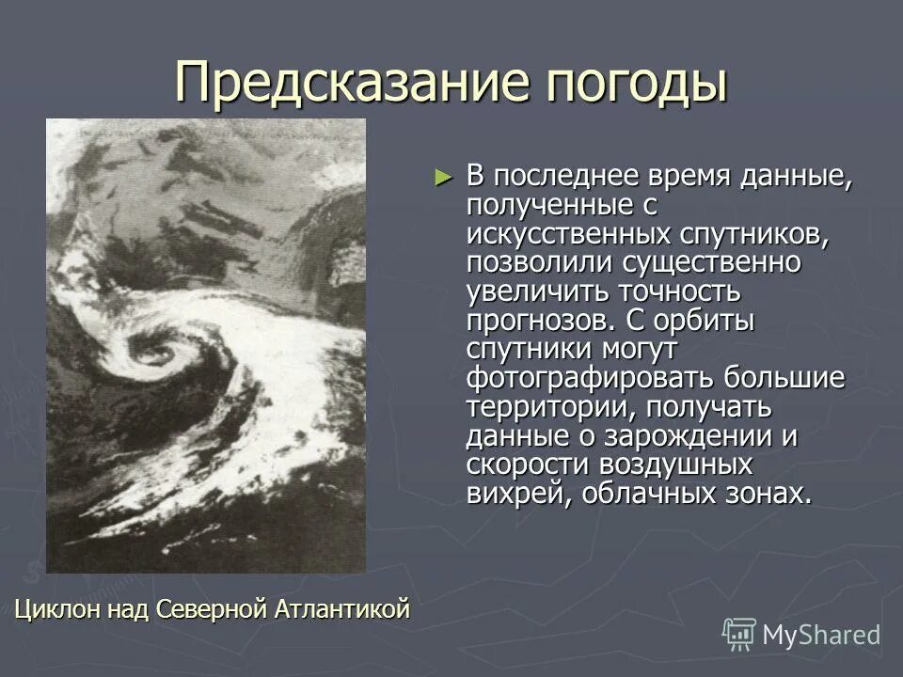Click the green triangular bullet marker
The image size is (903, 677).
pos(444,177)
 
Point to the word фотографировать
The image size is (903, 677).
pos(591,378)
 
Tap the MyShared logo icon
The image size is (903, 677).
pos(739,635)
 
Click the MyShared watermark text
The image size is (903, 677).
pos(821,636)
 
